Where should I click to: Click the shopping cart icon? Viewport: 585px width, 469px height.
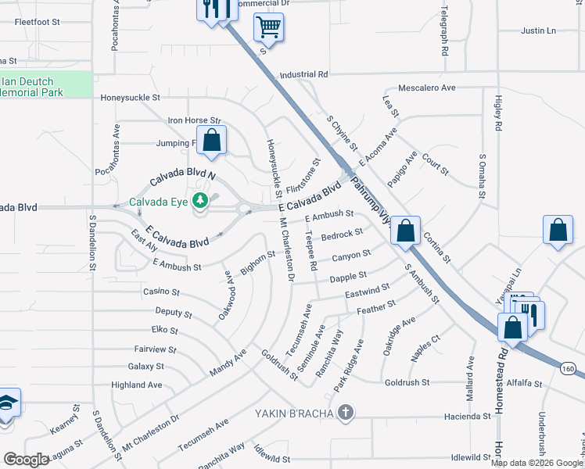pos(267,28)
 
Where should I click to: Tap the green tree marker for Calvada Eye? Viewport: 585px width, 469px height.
pos(201,201)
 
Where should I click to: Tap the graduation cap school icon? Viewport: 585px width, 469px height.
pos(6,403)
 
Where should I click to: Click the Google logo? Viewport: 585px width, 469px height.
pos(26,459)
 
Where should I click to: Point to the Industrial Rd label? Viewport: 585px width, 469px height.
pos(303,74)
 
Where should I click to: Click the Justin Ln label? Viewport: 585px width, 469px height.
pos(538,31)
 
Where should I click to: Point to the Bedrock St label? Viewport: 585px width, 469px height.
pos(342,233)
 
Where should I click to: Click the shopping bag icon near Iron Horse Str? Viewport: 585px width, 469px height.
pos(211,141)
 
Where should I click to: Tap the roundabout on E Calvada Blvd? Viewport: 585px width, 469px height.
pos(245,209)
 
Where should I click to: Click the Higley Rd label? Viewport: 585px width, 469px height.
pos(497,110)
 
